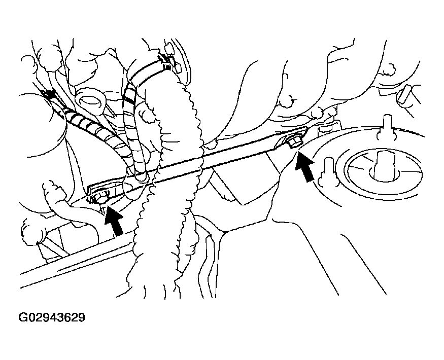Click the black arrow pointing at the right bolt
pyautogui.click(x=304, y=166)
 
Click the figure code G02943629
pyautogui.click(x=52, y=317)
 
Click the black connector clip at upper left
pyautogui.click(x=48, y=95)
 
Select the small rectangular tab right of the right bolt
pyautogui.click(x=325, y=130)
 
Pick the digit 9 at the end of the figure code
pyautogui.click(x=82, y=317)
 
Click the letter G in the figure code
pyautogui.click(x=23, y=317)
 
